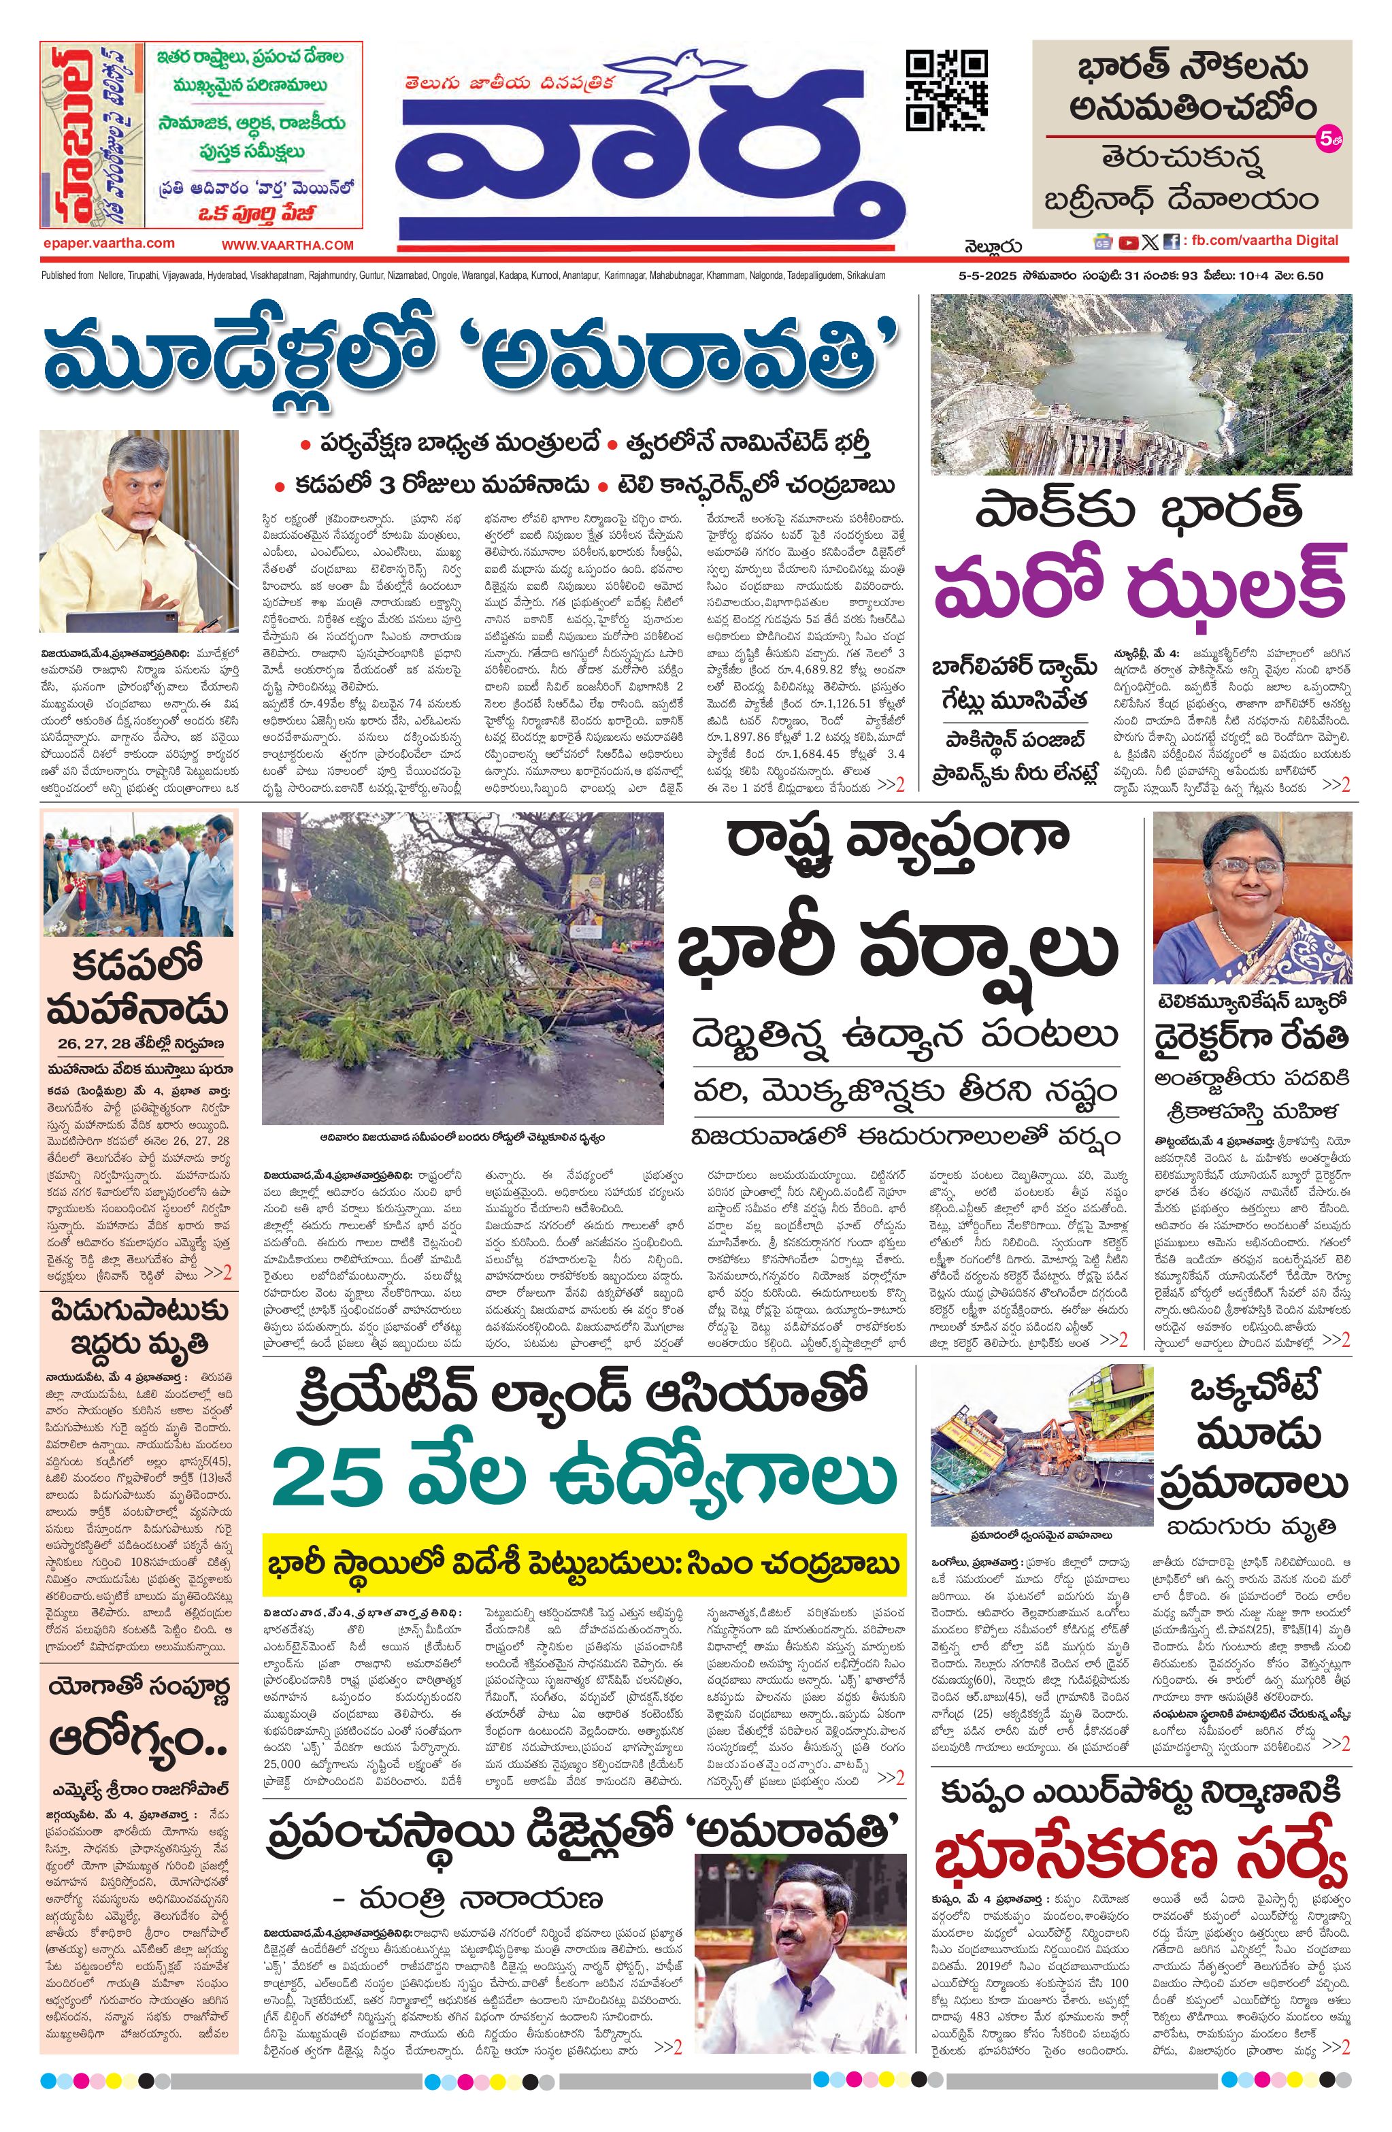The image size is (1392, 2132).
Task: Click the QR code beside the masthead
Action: point(947,90)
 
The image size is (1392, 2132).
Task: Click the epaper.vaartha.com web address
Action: point(108,243)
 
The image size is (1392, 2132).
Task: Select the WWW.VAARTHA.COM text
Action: point(288,244)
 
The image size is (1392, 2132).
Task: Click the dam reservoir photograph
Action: point(1141,384)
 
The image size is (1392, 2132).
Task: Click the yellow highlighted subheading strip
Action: point(584,1565)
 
